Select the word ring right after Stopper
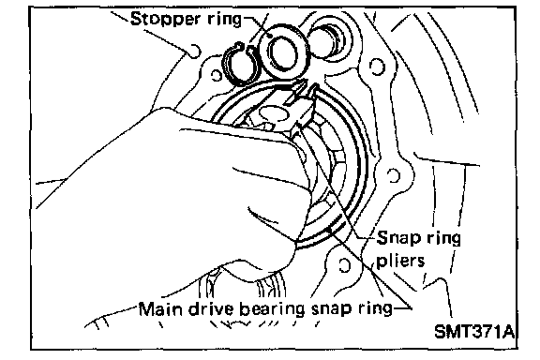(x=225, y=20)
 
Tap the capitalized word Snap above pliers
(x=398, y=239)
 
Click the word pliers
(x=400, y=260)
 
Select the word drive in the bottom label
(x=211, y=308)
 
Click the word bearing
(x=272, y=309)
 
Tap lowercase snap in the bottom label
(x=331, y=310)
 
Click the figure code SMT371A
(x=474, y=331)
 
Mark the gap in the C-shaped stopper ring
(x=245, y=47)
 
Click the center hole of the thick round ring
(x=283, y=54)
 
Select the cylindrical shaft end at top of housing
(x=327, y=40)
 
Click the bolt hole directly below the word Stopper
(x=195, y=51)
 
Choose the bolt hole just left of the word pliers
(x=345, y=265)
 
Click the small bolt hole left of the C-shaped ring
(x=217, y=75)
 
